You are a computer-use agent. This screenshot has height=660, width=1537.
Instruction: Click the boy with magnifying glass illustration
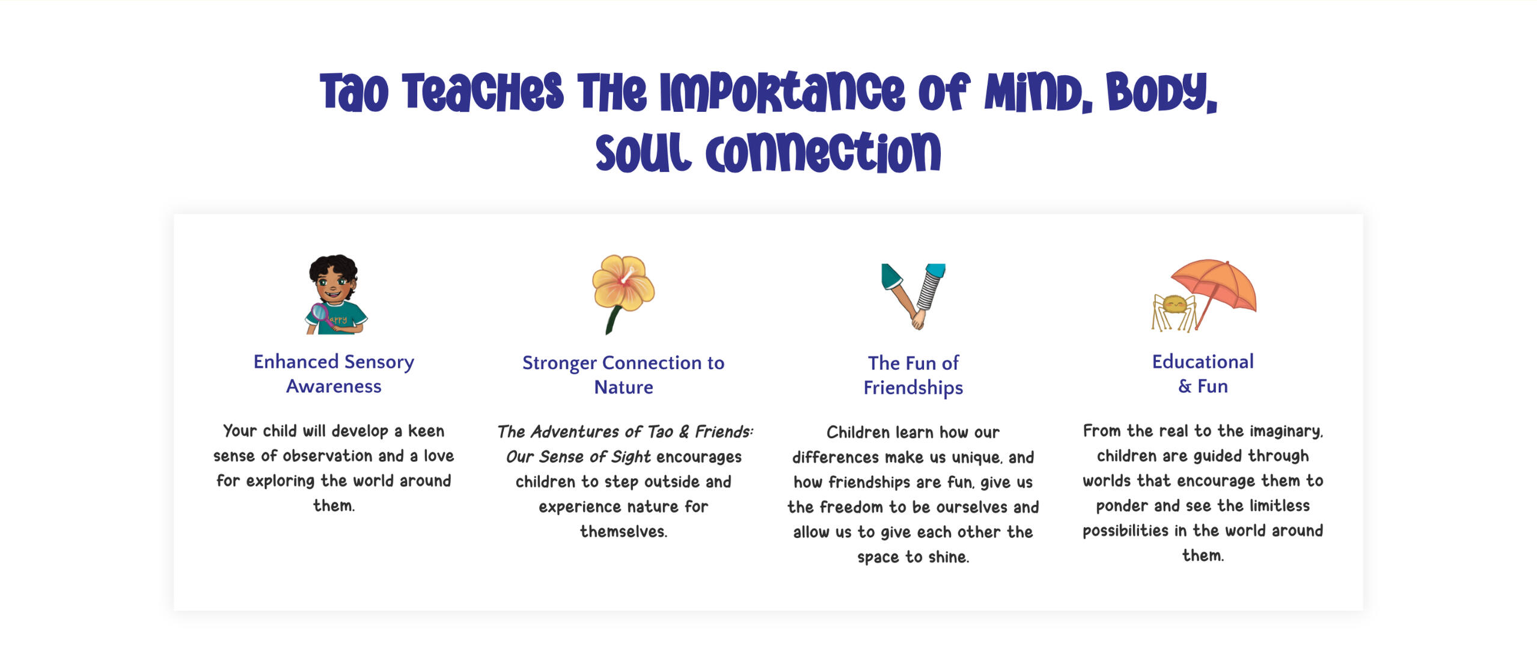pyautogui.click(x=335, y=294)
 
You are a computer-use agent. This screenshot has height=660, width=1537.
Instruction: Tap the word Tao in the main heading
pyautogui.click(x=354, y=92)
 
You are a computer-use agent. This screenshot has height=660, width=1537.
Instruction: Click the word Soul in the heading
pyautogui.click(x=643, y=152)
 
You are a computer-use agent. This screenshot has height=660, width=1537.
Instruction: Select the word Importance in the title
pyautogui.click(x=782, y=92)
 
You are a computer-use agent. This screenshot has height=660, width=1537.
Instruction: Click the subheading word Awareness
pyautogui.click(x=334, y=386)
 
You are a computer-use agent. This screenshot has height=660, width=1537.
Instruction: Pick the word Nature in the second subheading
pyautogui.click(x=623, y=387)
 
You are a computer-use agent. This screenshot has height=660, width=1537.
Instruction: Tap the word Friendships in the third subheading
pyautogui.click(x=913, y=388)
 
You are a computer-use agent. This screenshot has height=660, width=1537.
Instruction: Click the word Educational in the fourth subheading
pyautogui.click(x=1203, y=362)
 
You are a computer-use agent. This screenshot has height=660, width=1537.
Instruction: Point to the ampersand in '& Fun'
pyautogui.click(x=1185, y=386)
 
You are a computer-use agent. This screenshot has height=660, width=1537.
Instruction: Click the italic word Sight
pyautogui.click(x=631, y=457)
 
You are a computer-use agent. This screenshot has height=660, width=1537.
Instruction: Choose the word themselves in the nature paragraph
pyautogui.click(x=623, y=531)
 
